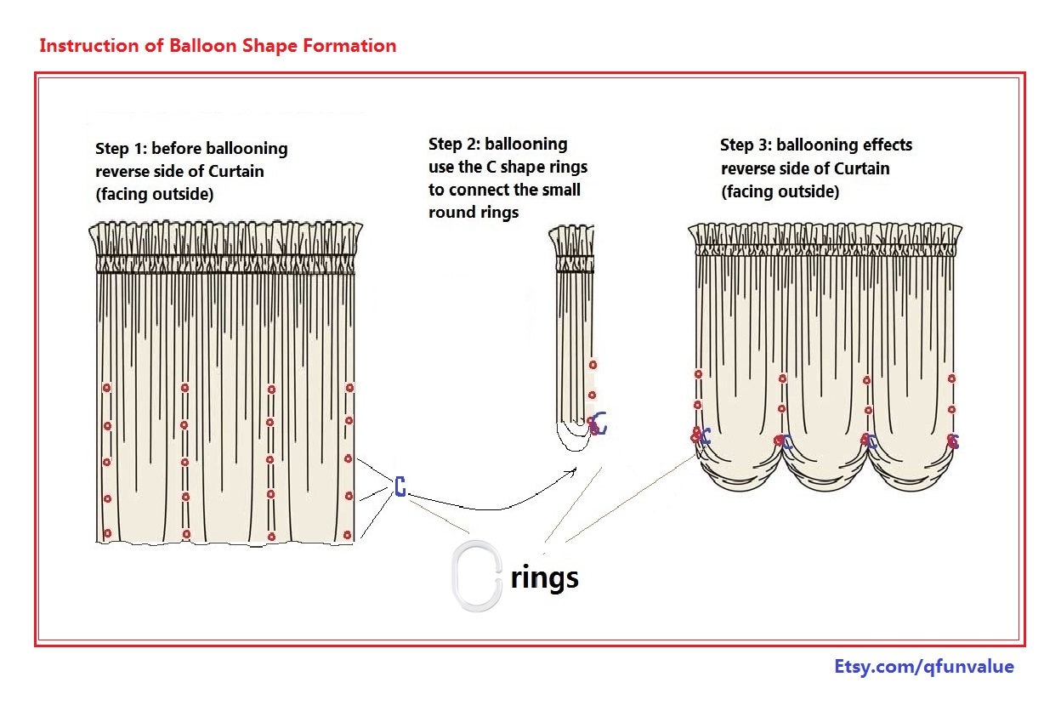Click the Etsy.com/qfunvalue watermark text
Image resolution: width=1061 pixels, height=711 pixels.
point(924,667)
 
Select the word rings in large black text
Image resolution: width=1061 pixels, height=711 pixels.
point(545,577)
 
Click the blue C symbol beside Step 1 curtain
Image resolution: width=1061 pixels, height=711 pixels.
point(400,487)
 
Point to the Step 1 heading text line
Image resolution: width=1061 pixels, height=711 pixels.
point(191,149)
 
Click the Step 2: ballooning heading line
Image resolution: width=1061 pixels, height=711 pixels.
point(497,144)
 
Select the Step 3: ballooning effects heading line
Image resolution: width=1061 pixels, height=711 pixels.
point(815,145)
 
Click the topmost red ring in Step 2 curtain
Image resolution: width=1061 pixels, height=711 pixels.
point(593,365)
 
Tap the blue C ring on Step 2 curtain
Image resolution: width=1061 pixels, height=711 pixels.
point(600,422)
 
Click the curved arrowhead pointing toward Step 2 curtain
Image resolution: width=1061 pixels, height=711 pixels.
point(576,469)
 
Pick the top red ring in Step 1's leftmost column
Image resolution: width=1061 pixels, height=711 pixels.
point(106,388)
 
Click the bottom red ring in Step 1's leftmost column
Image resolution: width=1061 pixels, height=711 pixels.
point(107,533)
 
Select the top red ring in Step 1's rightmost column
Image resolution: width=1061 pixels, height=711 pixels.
point(349,387)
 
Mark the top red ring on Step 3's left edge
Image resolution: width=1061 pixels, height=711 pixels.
point(698,374)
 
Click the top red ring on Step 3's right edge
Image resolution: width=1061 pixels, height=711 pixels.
point(951,378)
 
